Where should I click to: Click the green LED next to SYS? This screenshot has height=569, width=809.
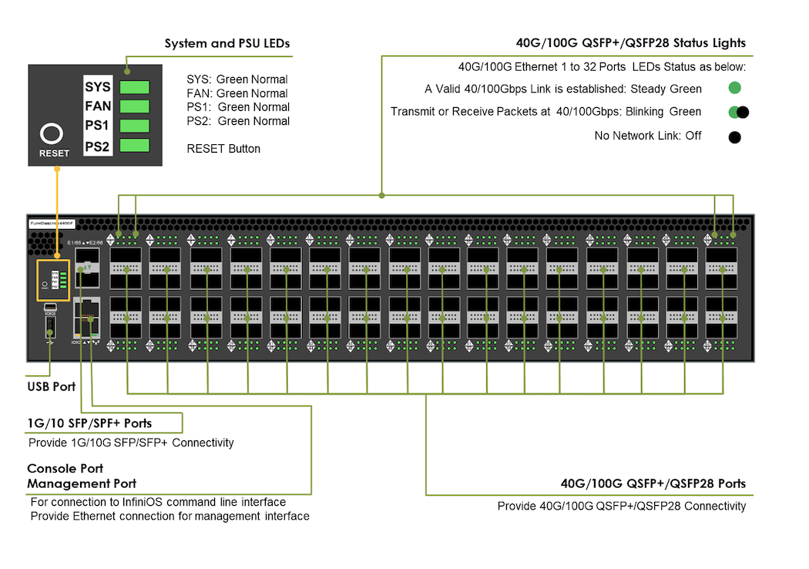135,87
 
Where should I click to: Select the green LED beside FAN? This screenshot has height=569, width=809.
135,106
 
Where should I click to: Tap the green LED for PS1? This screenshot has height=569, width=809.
135,126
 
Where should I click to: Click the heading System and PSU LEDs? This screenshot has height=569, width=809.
227,44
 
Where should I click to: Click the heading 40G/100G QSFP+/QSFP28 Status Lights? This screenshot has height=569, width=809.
630,44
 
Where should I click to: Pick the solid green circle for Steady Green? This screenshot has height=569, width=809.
735,88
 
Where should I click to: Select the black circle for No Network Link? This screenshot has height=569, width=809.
735,137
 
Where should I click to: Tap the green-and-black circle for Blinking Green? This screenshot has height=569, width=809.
738,113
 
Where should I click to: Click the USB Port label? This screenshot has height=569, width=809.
52,386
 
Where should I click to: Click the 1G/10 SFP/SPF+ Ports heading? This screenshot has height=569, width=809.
89,423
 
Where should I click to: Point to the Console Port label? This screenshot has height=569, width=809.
65,469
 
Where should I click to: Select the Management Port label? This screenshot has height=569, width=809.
82,483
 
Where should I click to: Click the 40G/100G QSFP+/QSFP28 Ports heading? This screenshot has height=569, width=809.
653,484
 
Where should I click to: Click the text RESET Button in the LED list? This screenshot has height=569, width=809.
223,149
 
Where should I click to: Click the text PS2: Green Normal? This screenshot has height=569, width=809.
238,121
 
